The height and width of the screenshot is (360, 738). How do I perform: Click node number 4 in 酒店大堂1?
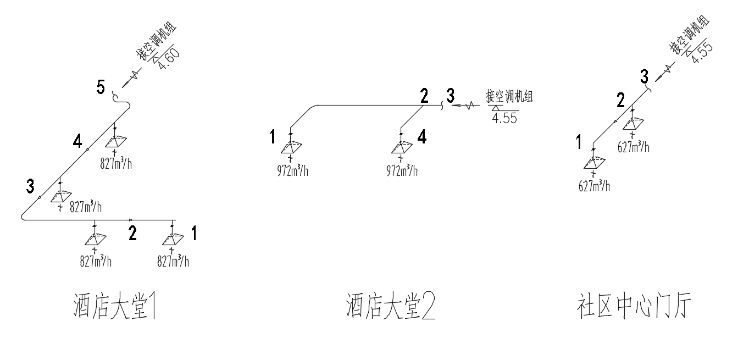coord(78,142)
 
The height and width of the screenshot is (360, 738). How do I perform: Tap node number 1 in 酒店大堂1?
coord(193,233)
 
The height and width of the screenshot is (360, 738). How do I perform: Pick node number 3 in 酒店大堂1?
coord(31,186)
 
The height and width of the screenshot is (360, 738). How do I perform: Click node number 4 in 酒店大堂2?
coord(421,137)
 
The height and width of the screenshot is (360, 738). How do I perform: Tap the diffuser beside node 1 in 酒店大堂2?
coord(290,148)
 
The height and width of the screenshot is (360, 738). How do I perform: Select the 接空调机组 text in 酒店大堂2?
coord(509,97)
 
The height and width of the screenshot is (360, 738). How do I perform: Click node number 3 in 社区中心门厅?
coord(644,76)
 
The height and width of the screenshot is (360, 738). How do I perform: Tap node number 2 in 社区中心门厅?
coord(620,100)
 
